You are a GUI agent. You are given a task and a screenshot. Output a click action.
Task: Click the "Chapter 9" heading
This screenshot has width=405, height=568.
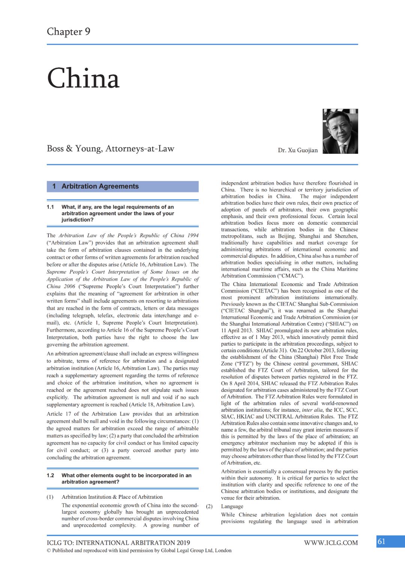69,31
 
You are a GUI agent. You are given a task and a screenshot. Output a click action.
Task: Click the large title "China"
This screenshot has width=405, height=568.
83,79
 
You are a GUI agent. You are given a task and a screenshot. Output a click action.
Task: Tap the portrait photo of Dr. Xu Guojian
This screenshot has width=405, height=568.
340,131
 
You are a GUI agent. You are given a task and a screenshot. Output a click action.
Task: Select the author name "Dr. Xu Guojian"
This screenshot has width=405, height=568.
298,150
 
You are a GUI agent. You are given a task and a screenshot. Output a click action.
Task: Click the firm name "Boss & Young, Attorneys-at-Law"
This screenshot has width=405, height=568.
111,148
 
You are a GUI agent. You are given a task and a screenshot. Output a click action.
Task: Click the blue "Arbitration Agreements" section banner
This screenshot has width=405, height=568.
123,186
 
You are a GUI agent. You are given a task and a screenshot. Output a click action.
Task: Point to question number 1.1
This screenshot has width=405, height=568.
50,207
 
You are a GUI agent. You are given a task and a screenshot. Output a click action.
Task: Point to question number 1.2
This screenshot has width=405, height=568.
50,475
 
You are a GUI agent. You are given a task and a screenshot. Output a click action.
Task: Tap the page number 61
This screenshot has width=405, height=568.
381,541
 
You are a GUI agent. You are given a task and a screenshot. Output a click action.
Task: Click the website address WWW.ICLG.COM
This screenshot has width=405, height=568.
331,543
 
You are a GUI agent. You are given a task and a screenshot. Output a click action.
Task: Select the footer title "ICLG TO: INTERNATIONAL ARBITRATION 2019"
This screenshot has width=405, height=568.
118,543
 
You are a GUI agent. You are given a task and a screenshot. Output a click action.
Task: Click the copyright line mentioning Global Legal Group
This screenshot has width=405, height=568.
139,550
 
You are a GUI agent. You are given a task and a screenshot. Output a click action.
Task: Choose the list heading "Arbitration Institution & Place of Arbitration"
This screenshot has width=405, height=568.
112,497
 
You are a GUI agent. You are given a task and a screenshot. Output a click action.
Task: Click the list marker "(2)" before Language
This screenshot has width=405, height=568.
209,506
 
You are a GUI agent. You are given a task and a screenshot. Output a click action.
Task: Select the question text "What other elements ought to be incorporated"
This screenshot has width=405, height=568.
126,475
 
